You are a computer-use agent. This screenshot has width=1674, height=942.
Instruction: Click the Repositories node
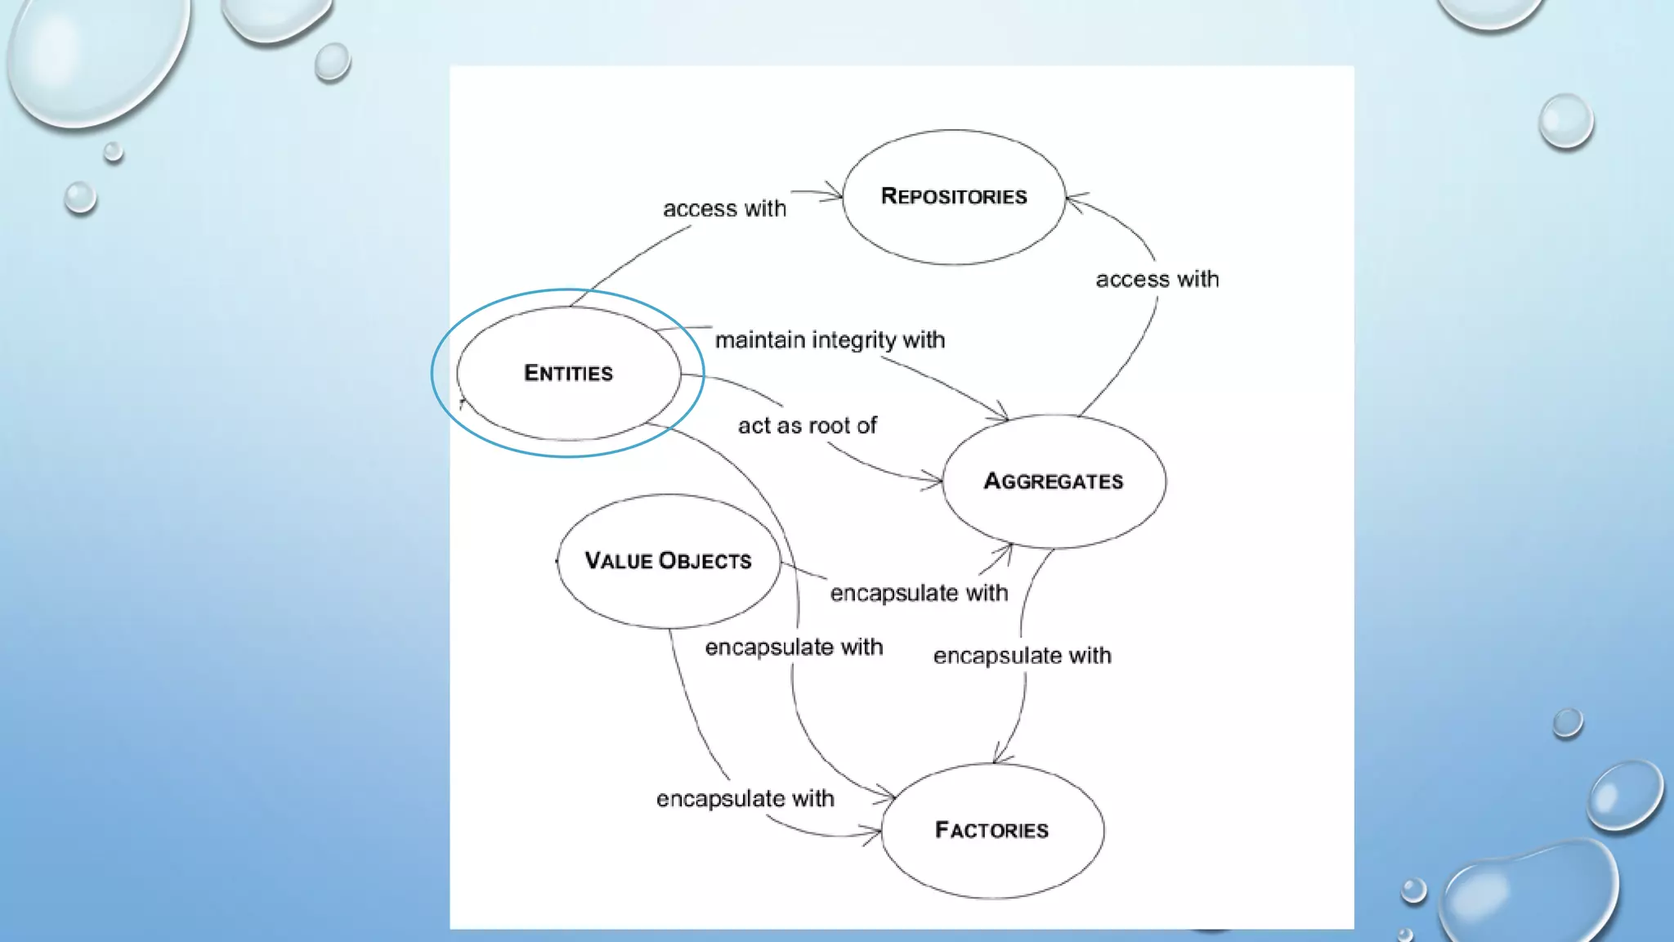point(954,197)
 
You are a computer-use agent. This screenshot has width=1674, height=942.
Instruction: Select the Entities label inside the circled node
point(568,374)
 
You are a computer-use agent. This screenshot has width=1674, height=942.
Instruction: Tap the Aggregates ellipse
point(1054,481)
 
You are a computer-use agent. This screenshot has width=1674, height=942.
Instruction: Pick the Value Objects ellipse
point(669,561)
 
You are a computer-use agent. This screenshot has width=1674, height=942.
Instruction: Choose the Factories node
point(991,830)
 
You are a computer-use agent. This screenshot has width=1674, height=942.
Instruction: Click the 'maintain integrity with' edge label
point(830,340)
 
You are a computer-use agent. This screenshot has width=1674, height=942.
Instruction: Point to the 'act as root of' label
point(807,426)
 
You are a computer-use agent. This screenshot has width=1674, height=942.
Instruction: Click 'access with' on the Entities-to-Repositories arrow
point(724,209)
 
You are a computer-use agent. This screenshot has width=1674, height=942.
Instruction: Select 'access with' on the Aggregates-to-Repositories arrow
point(1157,280)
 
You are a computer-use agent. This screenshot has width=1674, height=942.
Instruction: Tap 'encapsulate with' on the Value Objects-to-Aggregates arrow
point(919,593)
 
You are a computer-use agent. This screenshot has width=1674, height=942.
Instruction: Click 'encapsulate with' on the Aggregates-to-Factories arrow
point(1022,656)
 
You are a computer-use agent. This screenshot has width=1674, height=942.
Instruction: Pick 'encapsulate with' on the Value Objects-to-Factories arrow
point(745,799)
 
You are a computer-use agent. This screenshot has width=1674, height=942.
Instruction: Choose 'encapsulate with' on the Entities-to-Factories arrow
point(794,648)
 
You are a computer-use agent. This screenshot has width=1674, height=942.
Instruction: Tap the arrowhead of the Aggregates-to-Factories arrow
point(998,758)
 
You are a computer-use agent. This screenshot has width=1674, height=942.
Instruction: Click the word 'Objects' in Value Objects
point(705,561)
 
